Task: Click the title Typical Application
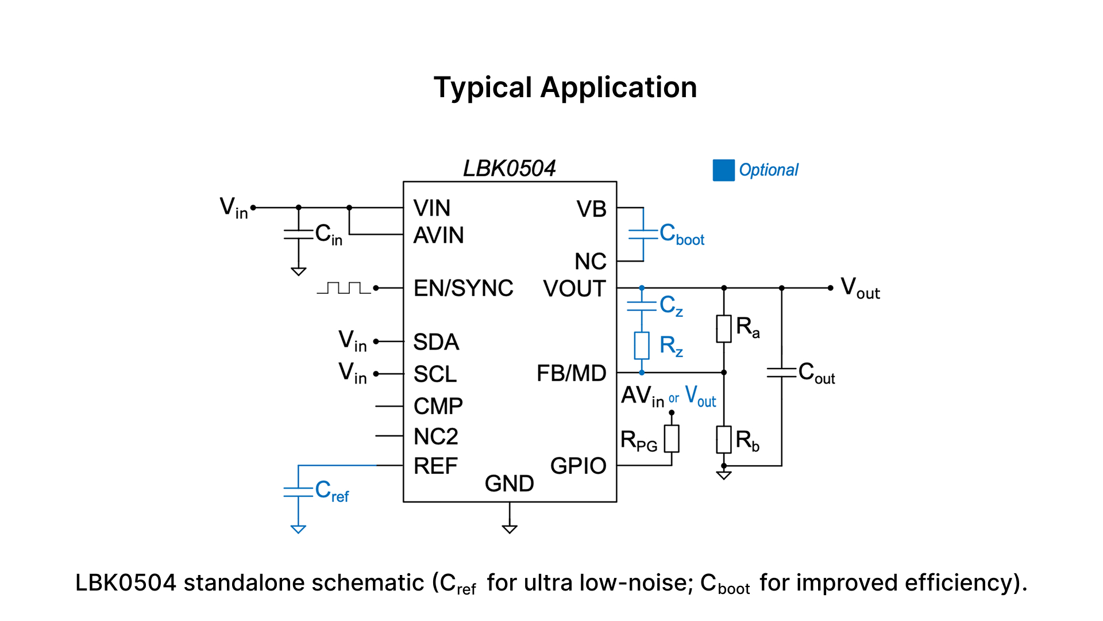click(x=565, y=88)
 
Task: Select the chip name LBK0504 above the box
click(x=509, y=168)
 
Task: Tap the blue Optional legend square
click(x=723, y=170)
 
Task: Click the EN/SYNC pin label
click(x=463, y=288)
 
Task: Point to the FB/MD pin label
click(x=571, y=373)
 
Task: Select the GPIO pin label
click(x=578, y=466)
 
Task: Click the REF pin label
click(x=435, y=466)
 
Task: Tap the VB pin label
click(x=591, y=209)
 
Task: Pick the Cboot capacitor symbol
click(x=643, y=234)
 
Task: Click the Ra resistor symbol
click(x=724, y=328)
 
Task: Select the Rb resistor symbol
click(x=724, y=439)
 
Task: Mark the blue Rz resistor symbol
click(x=642, y=345)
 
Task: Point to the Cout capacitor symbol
click(x=781, y=372)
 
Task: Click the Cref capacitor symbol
click(x=298, y=492)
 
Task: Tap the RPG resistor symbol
click(x=672, y=439)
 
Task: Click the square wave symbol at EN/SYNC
click(x=344, y=287)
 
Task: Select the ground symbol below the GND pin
click(x=510, y=528)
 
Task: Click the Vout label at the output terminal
click(x=860, y=287)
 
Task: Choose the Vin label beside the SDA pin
click(x=352, y=341)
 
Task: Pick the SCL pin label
click(x=435, y=374)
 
